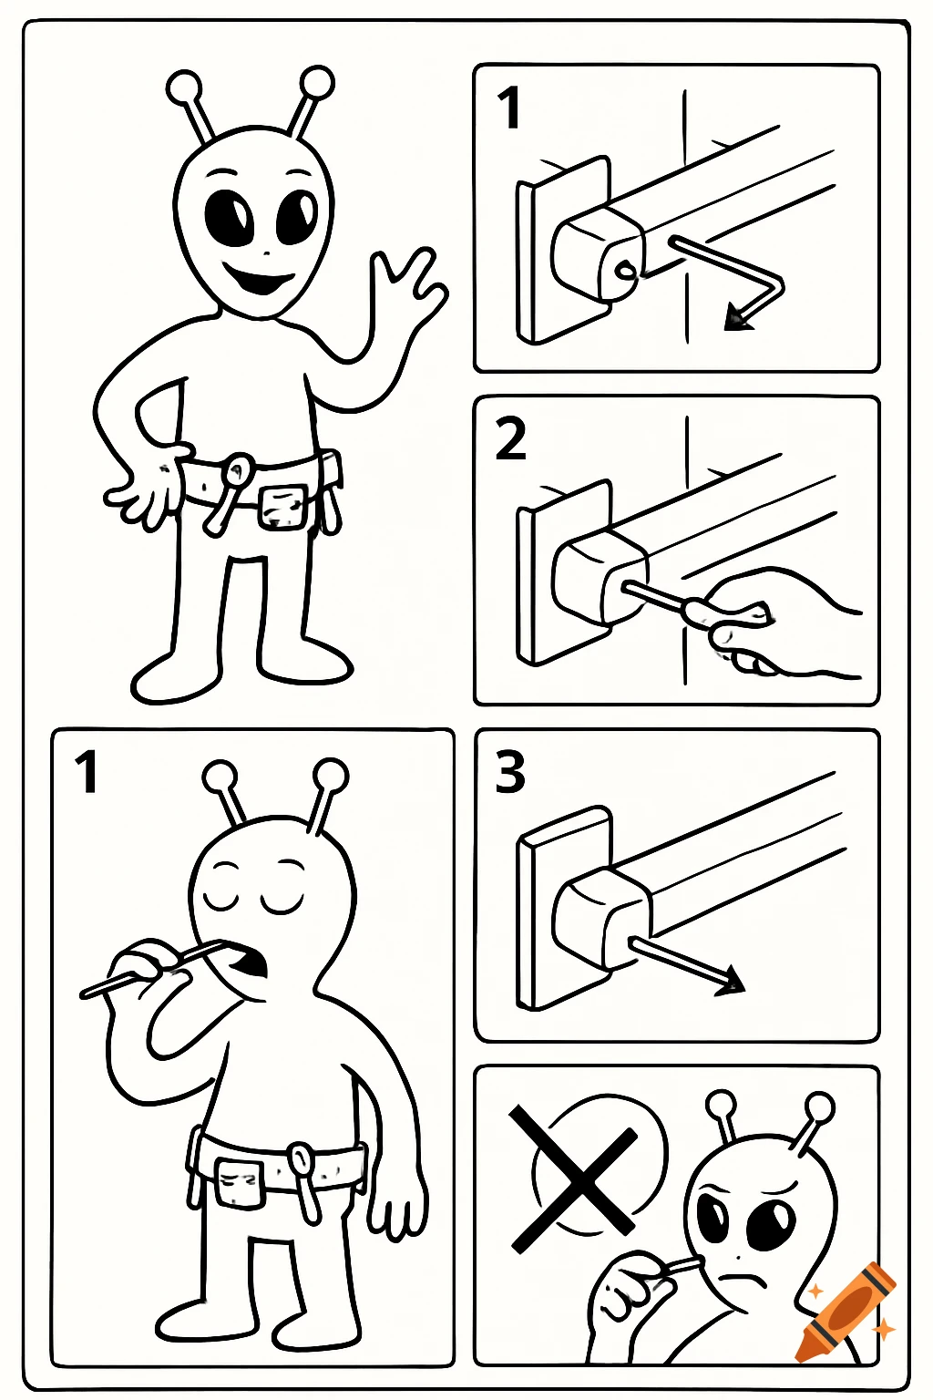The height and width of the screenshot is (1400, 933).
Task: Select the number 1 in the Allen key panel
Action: (508, 108)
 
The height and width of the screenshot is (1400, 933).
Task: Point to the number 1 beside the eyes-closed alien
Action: (87, 772)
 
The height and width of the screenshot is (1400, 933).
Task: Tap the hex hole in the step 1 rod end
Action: (624, 270)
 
